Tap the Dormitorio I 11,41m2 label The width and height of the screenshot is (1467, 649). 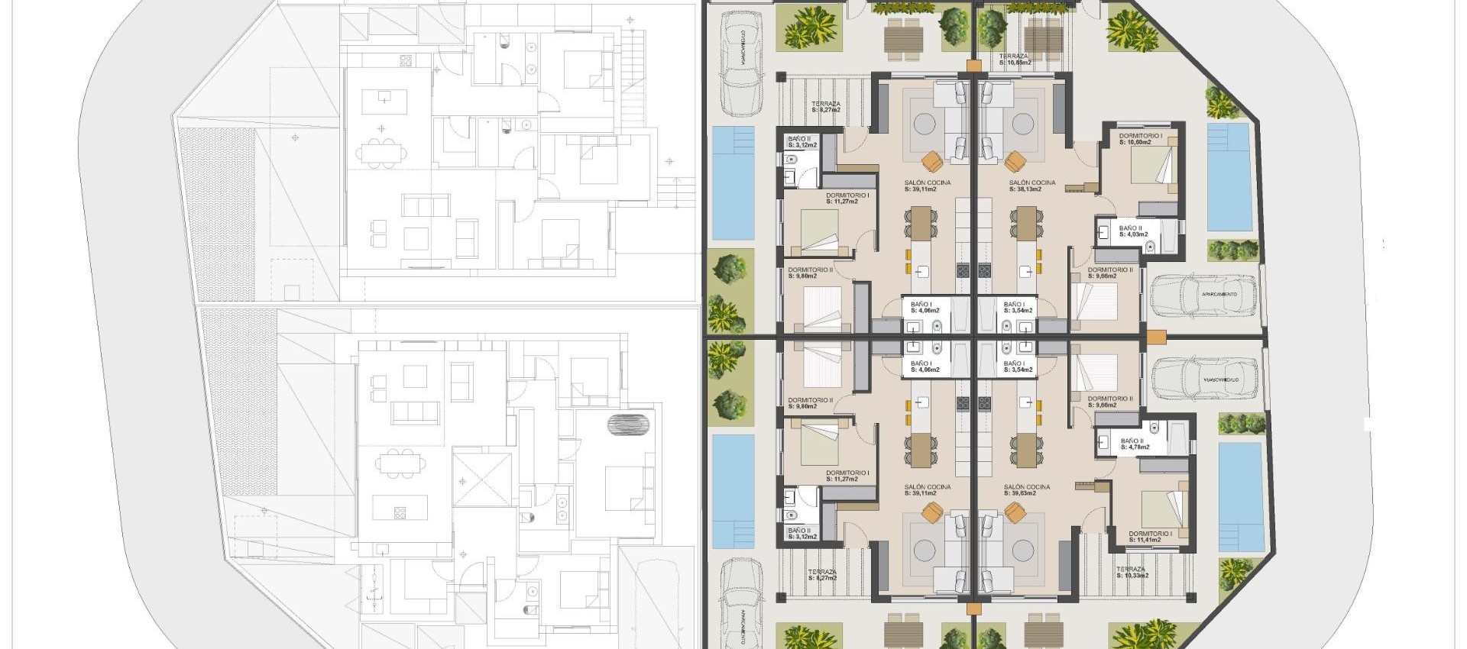coord(1150,537)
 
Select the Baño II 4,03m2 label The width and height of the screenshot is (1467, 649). coord(1133,231)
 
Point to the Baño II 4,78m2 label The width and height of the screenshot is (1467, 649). coord(1135,444)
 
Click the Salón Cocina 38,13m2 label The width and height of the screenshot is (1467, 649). coord(1031,186)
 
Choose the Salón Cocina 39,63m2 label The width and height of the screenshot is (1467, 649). coord(1027,489)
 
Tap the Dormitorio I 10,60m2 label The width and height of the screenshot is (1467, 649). coord(1141,139)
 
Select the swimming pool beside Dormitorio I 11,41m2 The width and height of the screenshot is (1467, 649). coord(1241,496)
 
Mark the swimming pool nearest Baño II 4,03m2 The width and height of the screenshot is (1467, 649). coord(1229,177)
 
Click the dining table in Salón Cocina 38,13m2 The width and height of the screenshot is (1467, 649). coord(1025,222)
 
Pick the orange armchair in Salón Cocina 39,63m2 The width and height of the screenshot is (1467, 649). coord(1015,513)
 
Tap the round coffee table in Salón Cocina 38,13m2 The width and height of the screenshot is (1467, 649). coord(1023,124)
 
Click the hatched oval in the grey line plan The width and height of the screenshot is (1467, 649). coord(629,424)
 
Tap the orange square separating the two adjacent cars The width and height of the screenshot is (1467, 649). coord(1156,336)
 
